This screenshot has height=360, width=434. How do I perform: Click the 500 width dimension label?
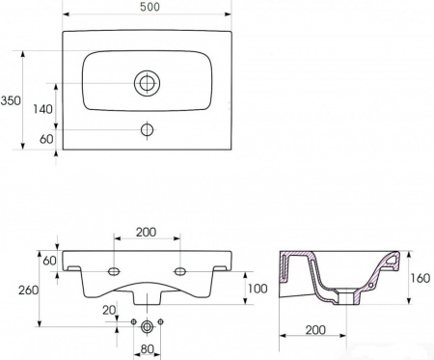[149, 7]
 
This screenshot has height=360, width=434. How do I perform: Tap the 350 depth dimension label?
[11, 100]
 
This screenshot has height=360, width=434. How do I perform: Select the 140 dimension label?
[42, 109]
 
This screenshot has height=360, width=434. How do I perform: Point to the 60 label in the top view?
[46, 139]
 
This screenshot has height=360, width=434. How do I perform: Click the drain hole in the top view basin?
[147, 83]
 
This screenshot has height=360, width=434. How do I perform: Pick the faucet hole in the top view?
[147, 130]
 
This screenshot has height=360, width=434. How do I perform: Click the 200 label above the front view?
[147, 232]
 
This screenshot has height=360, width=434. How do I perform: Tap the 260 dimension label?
[28, 291]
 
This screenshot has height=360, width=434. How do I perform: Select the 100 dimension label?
[258, 289]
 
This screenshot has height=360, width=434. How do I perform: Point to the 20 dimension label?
[109, 310]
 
